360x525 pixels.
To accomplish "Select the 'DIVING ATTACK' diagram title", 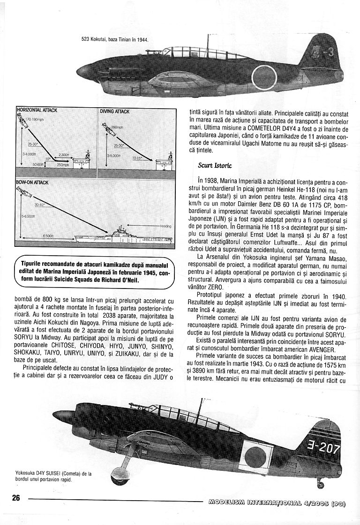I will pyautogui.click(x=114, y=111).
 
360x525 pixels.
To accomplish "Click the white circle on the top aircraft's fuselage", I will pyautogui.click(x=264, y=76).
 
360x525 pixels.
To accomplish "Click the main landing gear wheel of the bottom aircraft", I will pyautogui.click(x=118, y=466).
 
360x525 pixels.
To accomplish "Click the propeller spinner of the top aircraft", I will pyautogui.click(x=85, y=71).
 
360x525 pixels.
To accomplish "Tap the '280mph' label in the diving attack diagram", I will pyautogui.click(x=117, y=127).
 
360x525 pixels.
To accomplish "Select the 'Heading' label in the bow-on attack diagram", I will pyautogui.click(x=165, y=226).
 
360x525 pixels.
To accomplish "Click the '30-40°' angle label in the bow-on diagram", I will pyautogui.click(x=40, y=205).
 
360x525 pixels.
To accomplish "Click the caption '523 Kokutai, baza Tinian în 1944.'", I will pyautogui.click(x=115, y=40).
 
